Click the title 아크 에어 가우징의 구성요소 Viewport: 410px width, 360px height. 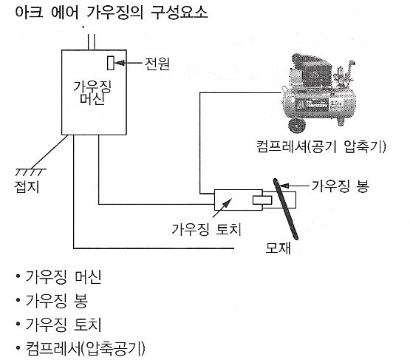click(x=112, y=13)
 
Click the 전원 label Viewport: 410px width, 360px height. click(x=157, y=64)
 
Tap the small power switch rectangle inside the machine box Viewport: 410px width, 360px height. click(x=111, y=63)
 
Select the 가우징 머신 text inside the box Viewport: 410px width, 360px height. click(x=92, y=92)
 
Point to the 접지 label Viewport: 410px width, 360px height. click(x=27, y=186)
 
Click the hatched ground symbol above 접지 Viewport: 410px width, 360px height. click(x=31, y=172)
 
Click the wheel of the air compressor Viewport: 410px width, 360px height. click(x=297, y=126)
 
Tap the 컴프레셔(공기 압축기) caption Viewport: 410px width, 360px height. click(x=321, y=146)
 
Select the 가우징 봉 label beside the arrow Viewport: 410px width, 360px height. click(x=340, y=186)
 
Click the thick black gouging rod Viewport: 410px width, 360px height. click(x=285, y=208)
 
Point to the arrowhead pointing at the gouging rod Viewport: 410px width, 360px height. click(x=284, y=186)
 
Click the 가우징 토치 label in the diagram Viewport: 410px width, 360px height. click(x=206, y=229)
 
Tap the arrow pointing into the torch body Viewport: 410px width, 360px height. click(x=222, y=208)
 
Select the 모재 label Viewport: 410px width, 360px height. click(x=278, y=248)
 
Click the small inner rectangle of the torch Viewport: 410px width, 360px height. click(x=262, y=200)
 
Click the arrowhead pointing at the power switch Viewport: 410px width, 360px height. click(x=120, y=63)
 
